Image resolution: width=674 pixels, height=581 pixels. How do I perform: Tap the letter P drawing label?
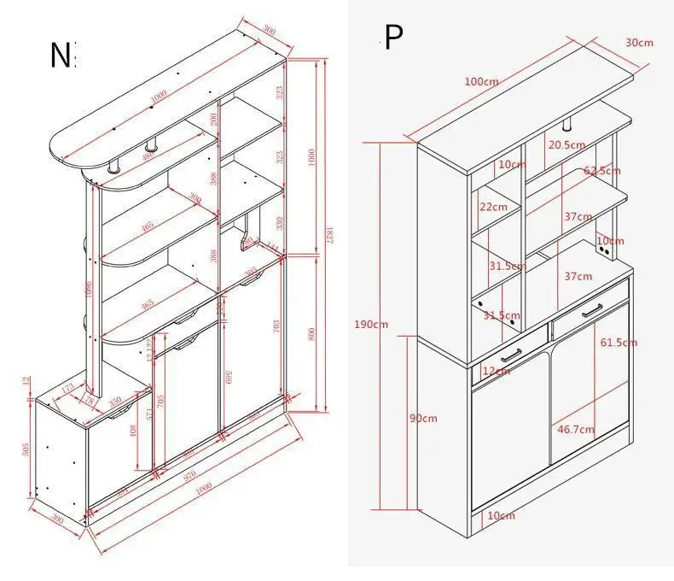pos(393,38)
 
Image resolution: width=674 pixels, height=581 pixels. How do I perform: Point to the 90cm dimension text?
pos(423,418)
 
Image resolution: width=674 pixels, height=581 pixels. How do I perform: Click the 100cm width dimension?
pos(481,82)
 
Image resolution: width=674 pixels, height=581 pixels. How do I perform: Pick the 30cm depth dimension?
pos(639,43)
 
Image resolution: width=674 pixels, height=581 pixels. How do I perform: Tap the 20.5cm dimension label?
pos(567,145)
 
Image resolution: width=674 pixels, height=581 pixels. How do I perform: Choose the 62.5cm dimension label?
pos(602,171)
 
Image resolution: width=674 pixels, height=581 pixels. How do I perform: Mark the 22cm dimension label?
pos(493,207)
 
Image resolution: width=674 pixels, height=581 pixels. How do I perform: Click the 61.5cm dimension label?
pos(618,343)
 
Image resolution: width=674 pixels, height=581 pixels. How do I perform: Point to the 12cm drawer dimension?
pos(496,371)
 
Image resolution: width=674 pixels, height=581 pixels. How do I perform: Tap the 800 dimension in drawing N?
pos(311,333)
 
